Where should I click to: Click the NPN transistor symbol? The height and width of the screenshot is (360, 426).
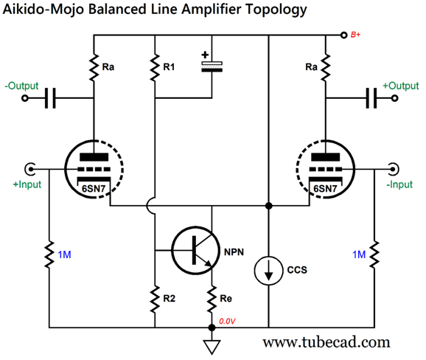(x=195, y=250)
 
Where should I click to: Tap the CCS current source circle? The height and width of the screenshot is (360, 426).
(x=268, y=271)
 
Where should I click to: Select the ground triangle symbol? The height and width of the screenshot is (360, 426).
(x=212, y=347)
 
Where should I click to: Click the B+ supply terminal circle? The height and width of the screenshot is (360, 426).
(x=344, y=35)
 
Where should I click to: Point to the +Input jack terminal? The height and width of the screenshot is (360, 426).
(x=30, y=169)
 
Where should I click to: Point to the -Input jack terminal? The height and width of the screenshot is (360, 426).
(x=394, y=169)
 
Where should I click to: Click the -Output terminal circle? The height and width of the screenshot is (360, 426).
(x=25, y=98)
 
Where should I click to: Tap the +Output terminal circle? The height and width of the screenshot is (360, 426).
(x=395, y=98)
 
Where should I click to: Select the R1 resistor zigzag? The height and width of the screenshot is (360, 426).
(x=155, y=67)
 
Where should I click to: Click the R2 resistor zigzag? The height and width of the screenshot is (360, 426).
(x=155, y=299)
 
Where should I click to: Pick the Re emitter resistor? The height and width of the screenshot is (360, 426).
(x=212, y=299)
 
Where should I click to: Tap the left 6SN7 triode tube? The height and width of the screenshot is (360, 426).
(x=94, y=169)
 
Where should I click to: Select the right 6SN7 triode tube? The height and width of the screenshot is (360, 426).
(x=325, y=169)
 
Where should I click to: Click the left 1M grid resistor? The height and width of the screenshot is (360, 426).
(x=49, y=255)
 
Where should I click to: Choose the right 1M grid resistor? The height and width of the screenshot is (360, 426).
(x=374, y=255)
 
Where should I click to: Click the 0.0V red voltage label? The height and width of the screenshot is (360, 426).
(x=227, y=322)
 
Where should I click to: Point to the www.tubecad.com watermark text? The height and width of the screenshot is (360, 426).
(x=326, y=342)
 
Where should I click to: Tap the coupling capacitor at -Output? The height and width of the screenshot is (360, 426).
(x=50, y=98)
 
